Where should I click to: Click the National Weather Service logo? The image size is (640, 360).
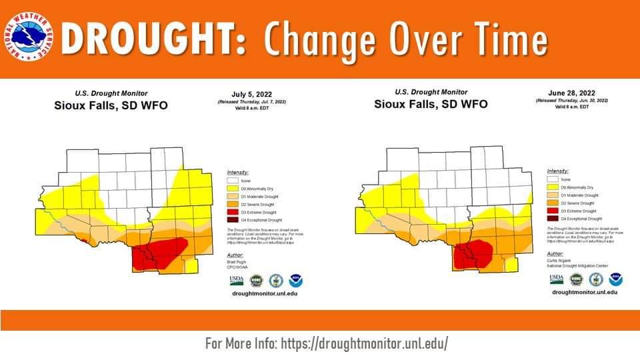pyautogui.click(x=29, y=39)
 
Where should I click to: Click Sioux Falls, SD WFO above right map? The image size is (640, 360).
pyautogui.click(x=431, y=105)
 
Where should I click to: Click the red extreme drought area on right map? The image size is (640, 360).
pyautogui.click(x=475, y=254)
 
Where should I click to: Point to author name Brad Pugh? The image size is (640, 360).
pyautogui.click(x=237, y=262)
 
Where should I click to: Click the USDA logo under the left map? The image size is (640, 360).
pyautogui.click(x=236, y=279)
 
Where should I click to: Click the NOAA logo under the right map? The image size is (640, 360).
pyautogui.click(x=614, y=279)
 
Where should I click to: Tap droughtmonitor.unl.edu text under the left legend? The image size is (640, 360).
pyautogui.click(x=264, y=293)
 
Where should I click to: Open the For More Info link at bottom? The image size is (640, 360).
pyautogui.click(x=327, y=343)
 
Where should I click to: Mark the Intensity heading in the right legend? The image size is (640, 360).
pyautogui.click(x=558, y=171)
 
